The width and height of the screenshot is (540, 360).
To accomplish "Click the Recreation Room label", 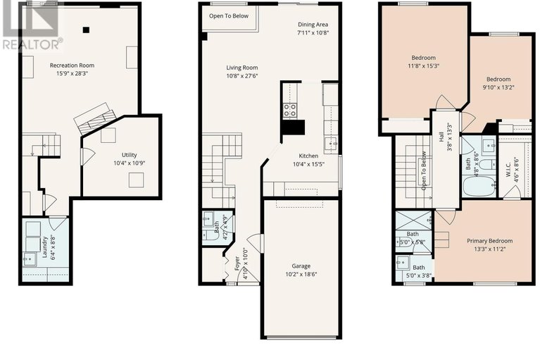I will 72,66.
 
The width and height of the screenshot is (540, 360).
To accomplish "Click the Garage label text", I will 301,266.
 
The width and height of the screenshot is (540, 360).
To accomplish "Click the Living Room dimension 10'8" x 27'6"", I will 242,76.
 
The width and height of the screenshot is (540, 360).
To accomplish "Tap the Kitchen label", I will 308,156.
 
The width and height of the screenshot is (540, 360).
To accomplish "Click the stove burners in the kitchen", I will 289,109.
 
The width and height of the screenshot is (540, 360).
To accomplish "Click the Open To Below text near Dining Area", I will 228,15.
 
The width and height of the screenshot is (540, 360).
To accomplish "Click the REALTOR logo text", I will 32,44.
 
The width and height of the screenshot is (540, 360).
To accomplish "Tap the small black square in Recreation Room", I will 86,30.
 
